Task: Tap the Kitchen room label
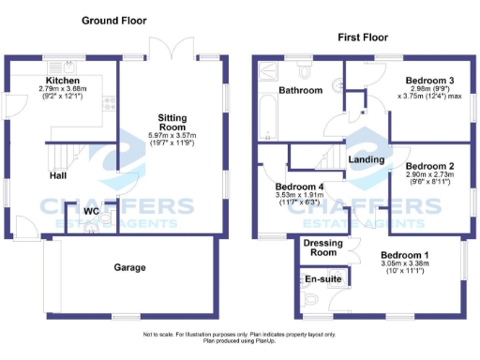[x=61, y=81]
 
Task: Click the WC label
[x=91, y=211]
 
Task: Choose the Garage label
[x=130, y=267]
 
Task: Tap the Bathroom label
[x=300, y=90]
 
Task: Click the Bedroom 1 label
[x=405, y=254]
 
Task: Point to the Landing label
[x=365, y=160]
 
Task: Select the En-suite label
[x=322, y=280]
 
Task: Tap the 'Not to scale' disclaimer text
[x=239, y=335]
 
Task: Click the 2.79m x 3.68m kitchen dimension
[x=61, y=89]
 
